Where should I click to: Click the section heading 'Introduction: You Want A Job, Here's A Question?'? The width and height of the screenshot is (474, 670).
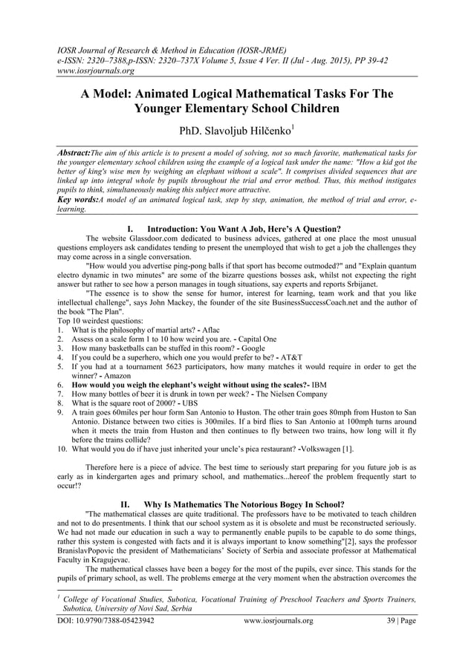click(x=244, y=227)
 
